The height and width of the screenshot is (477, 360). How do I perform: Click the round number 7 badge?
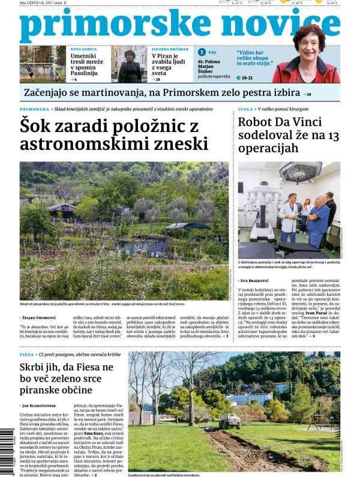coord(202,53)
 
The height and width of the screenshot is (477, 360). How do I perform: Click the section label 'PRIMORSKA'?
coord(34,110)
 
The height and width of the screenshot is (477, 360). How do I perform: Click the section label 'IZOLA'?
coord(245,110)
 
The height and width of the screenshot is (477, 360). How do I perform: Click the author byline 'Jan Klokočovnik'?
coord(42,407)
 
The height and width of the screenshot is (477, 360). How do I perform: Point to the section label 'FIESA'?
coord(27,355)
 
